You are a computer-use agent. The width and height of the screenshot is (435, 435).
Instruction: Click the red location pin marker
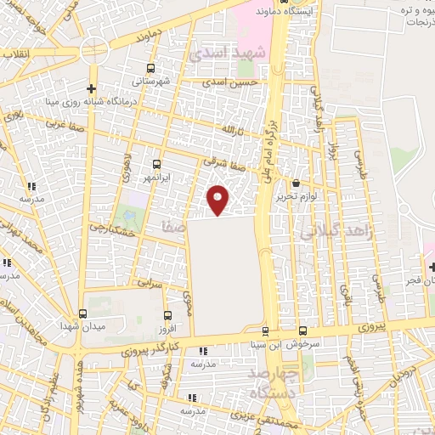coord(218,200)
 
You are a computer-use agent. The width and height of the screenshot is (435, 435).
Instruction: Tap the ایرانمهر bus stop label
coord(155,178)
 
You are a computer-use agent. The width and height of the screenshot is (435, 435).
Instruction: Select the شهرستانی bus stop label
coord(151,81)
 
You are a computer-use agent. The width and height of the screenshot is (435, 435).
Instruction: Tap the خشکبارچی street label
coord(112,230)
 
